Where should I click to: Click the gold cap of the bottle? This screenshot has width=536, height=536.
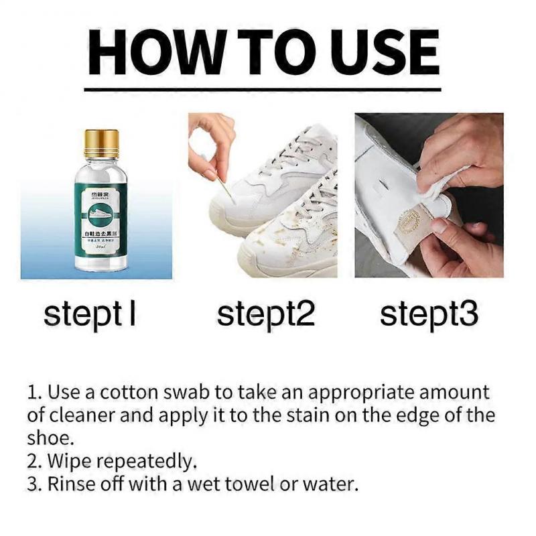tap(101, 143)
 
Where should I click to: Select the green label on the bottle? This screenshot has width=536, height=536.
tap(101, 221)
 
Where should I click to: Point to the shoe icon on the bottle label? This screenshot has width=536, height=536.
tap(101, 216)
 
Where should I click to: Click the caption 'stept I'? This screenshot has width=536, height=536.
tap(90, 314)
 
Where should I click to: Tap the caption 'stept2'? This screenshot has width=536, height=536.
tap(266, 314)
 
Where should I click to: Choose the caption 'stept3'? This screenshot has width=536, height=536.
tap(429, 314)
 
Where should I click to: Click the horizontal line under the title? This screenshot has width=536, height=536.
tap(262, 89)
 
